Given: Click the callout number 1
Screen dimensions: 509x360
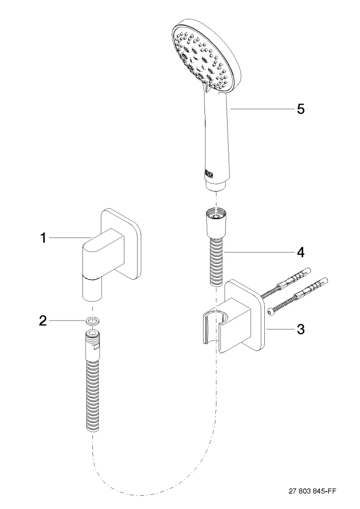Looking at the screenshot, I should pyautogui.click(x=43, y=238).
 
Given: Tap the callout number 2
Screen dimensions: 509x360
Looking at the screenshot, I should pyautogui.click(x=43, y=322).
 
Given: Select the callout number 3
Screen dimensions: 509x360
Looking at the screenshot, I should pyautogui.click(x=300, y=329).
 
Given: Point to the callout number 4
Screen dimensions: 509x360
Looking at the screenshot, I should pyautogui.click(x=300, y=252).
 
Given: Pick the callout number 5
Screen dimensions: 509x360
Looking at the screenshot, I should pyautogui.click(x=300, y=109).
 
